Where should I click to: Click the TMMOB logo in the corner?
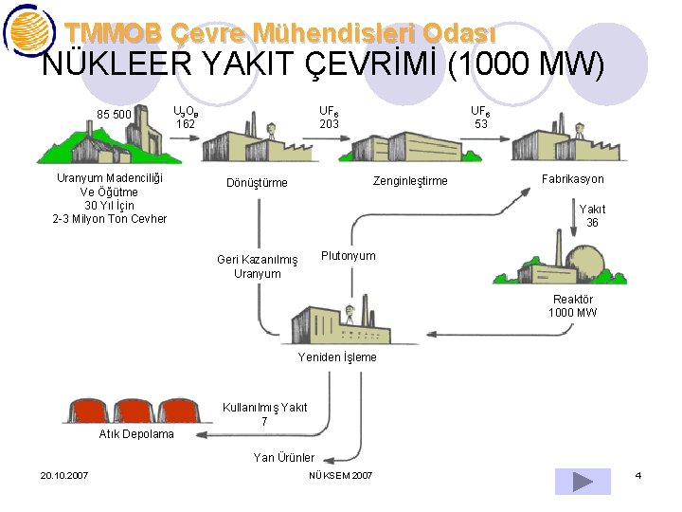28,31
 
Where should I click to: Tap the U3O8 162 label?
186,118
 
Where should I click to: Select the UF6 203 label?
329,118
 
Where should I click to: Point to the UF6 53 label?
481,118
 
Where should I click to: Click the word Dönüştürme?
257,183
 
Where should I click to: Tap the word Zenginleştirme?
410,181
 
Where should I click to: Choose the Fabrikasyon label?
572,179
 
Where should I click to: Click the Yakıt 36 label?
592,216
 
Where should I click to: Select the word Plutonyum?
348,256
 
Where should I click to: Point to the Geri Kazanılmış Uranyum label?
257,266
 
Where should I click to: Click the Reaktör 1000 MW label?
572,306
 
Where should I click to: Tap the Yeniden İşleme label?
337,357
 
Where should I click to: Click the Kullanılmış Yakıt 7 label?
264,414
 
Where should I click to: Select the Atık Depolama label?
136,434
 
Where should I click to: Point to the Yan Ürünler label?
284,458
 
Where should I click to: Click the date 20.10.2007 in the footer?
64,475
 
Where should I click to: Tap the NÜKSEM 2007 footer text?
341,475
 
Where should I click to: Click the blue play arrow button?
583,481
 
